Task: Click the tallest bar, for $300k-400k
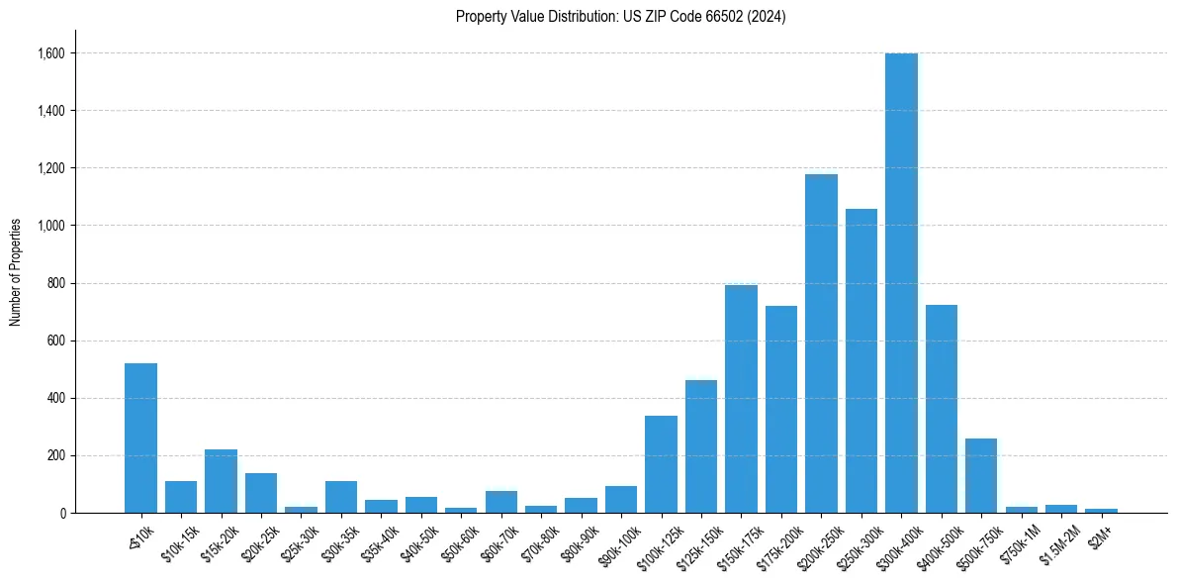[x=901, y=283]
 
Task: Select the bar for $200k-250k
[x=821, y=343]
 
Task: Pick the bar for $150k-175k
[x=741, y=399]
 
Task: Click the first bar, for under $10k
[x=140, y=438]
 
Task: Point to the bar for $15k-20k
[x=221, y=481]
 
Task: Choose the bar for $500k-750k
[x=981, y=476]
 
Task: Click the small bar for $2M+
[x=1101, y=511]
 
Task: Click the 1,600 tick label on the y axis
[x=50, y=53]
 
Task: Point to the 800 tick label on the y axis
[x=55, y=283]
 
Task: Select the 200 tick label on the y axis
[x=55, y=456]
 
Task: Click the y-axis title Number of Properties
[x=16, y=272]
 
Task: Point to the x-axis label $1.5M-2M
[x=1061, y=541]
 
